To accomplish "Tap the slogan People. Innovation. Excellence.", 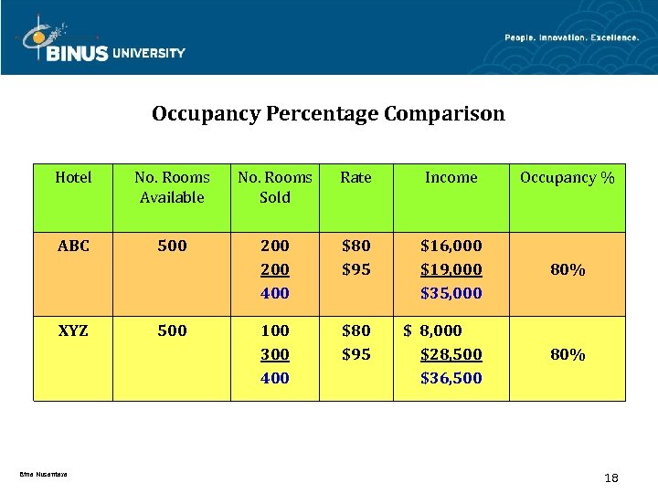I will pos(572,37).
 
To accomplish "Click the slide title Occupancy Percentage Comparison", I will pos(328,114).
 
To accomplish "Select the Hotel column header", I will pos(73,178).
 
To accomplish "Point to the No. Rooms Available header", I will pos(172,187).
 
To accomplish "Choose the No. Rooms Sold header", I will pos(275,187).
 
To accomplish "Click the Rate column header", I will pos(356,178).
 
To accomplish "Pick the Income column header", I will pos(451,178).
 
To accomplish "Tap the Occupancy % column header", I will pos(567,178).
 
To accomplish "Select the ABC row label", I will pos(73,246).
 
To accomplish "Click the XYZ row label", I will pos(73,330).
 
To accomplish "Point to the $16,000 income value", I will pos(451,246).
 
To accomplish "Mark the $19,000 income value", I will pos(451,269).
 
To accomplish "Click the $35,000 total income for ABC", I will pos(451,293).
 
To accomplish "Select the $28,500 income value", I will pos(451,354).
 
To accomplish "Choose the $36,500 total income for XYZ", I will pos(451,378).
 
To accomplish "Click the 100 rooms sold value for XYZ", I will pos(274,330).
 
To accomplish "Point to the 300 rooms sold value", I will pos(274,354).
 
